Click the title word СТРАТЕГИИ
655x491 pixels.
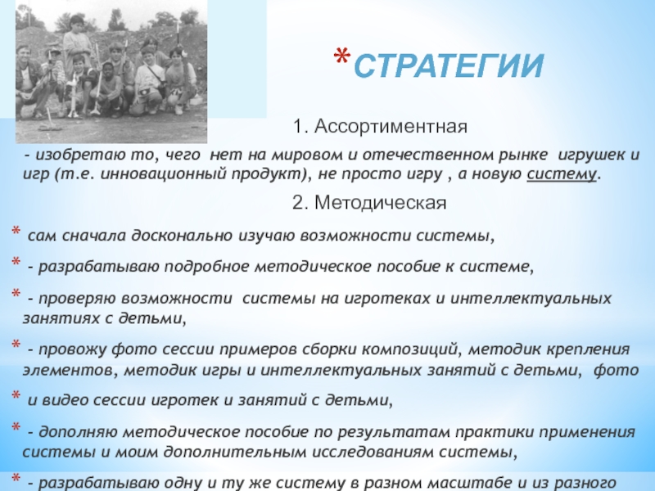(448, 65)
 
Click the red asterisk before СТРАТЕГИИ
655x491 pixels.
(342, 56)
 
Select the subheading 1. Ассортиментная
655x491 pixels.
(380, 126)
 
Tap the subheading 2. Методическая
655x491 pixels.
(369, 202)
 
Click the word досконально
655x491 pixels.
(183, 236)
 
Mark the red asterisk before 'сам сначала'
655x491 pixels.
(16, 231)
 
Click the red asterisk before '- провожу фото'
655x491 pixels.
(16, 345)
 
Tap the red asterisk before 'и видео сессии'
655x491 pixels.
(16, 395)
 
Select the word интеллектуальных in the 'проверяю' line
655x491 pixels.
(531, 299)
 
